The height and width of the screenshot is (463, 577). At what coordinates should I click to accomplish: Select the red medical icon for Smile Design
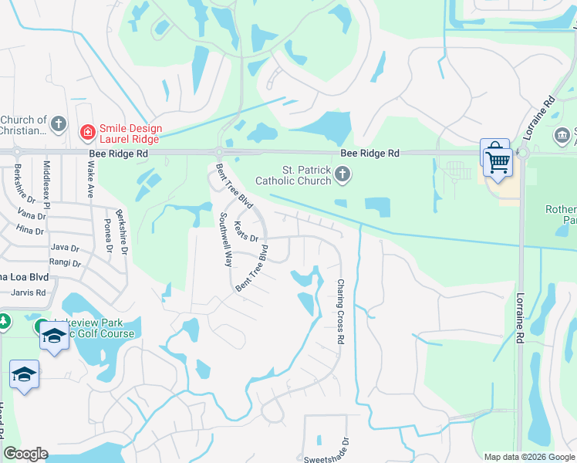[x=87, y=132]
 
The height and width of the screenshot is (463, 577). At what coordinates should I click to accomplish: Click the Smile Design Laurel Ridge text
[x=129, y=133]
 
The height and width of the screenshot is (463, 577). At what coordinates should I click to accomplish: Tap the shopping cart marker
[x=498, y=161]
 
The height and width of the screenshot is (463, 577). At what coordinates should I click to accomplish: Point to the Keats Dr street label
[x=245, y=232]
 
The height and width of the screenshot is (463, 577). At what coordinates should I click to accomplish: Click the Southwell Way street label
[x=226, y=239]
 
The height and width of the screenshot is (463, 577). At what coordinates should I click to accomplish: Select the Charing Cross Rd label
[x=339, y=311]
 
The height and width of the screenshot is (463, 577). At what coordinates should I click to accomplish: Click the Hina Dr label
[x=29, y=231]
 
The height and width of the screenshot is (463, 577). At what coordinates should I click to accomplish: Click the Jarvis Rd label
[x=29, y=292]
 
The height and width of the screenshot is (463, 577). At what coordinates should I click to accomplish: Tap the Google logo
[x=25, y=454]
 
